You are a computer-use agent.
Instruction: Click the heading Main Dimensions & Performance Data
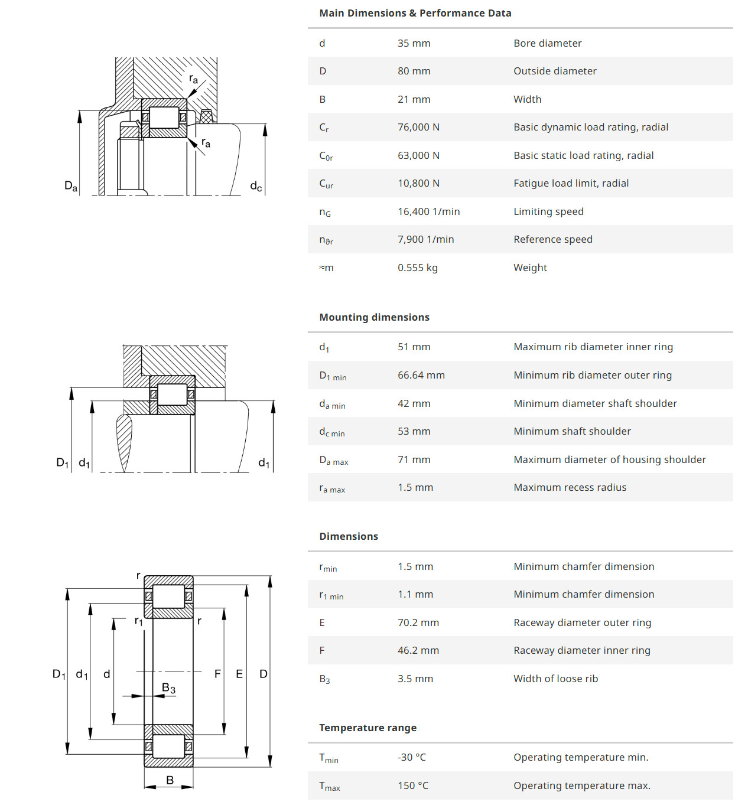click(x=415, y=13)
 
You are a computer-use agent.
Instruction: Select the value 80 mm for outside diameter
click(x=414, y=71)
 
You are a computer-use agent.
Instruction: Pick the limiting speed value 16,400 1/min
click(x=428, y=211)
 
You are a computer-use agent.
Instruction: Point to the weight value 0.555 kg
click(x=417, y=268)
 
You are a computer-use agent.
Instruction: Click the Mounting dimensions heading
click(x=374, y=317)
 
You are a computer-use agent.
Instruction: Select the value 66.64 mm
click(x=421, y=375)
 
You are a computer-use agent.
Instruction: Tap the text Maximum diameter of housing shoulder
click(x=609, y=459)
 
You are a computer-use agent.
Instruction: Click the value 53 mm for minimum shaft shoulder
click(x=414, y=431)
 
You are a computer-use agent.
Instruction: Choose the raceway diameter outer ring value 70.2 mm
click(x=418, y=622)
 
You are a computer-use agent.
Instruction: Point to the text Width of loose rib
click(x=555, y=679)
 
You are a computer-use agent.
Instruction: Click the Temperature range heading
click(x=368, y=728)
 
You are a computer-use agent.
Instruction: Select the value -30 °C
click(x=411, y=757)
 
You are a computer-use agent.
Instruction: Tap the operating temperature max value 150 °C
click(x=412, y=785)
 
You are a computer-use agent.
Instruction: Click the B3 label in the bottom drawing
click(x=168, y=688)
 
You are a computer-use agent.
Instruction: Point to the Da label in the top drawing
click(x=71, y=186)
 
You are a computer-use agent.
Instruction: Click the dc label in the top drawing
click(x=256, y=187)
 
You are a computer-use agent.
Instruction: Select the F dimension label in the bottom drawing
click(x=217, y=674)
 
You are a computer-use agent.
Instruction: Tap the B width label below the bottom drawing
click(x=170, y=780)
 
